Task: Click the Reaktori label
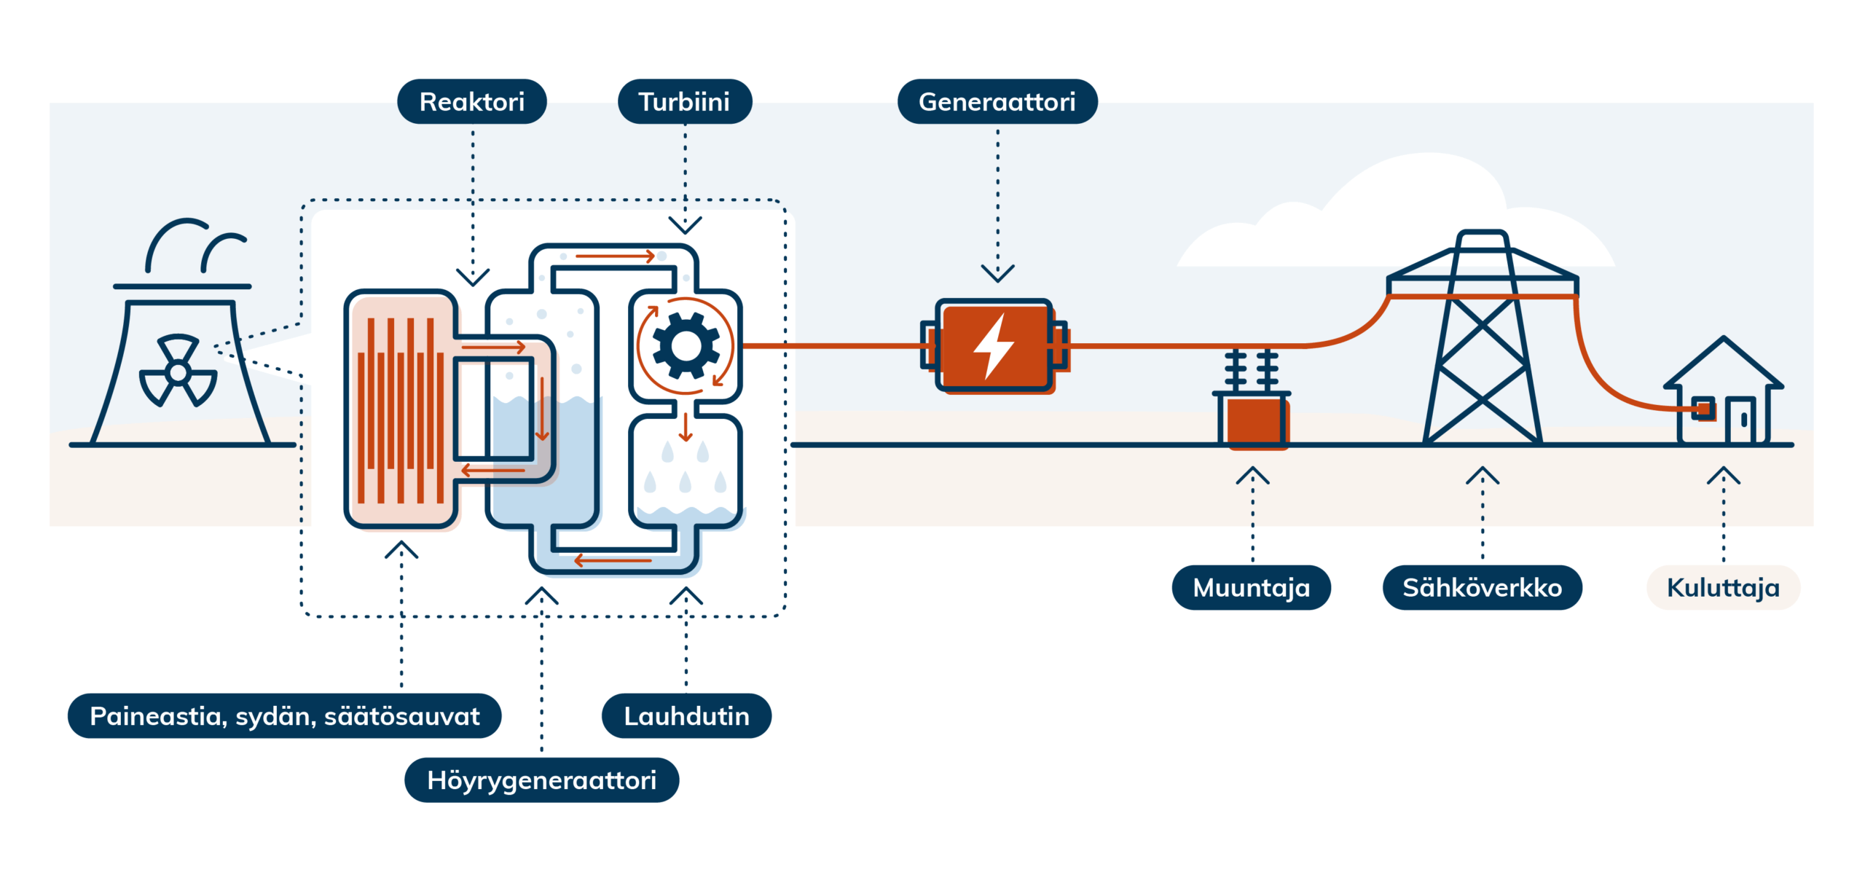(x=472, y=102)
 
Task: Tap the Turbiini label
(x=684, y=102)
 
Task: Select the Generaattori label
(x=997, y=102)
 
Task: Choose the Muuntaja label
(x=1251, y=587)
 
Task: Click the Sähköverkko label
(x=1482, y=587)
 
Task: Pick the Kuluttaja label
(x=1723, y=587)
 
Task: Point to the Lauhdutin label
(x=686, y=716)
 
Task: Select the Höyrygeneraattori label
(x=541, y=780)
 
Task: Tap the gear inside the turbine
(x=686, y=345)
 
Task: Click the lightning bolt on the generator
(x=994, y=347)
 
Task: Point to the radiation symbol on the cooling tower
(x=178, y=371)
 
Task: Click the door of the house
(x=1740, y=420)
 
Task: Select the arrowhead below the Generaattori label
(x=997, y=273)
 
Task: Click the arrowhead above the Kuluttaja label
(x=1723, y=476)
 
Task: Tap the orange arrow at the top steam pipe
(x=616, y=256)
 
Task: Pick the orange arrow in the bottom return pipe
(x=612, y=560)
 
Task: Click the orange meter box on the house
(x=1703, y=409)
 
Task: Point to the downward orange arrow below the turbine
(x=685, y=428)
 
